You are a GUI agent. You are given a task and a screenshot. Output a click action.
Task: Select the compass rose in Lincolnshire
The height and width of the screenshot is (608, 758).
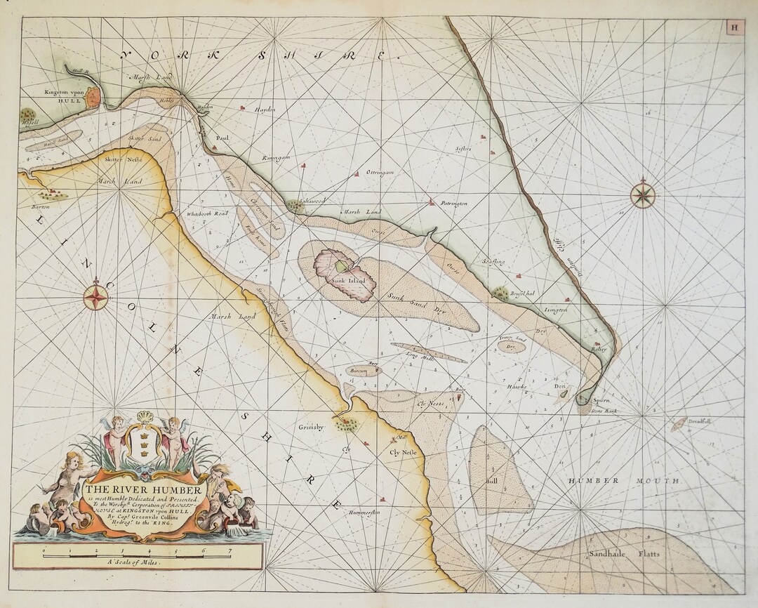[96, 296]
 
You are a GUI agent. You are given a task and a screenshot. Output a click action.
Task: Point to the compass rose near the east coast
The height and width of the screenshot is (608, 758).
[642, 194]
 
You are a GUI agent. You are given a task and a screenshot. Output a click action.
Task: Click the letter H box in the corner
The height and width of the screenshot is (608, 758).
[734, 28]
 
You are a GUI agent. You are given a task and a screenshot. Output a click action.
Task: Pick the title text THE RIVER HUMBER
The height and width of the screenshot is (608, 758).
[144, 489]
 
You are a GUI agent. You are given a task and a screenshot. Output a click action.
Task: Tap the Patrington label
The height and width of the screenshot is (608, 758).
[453, 204]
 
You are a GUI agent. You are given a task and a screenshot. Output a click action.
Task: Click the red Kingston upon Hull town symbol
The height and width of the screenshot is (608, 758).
[93, 98]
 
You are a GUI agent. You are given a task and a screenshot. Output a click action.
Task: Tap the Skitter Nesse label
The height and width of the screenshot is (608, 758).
[123, 159]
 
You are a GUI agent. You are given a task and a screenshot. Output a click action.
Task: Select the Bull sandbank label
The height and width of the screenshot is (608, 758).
[491, 482]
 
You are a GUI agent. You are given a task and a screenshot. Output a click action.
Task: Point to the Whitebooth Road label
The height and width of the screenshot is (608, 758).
[207, 213]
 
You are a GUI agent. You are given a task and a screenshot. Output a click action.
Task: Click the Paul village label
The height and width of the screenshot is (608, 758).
[222, 138]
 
